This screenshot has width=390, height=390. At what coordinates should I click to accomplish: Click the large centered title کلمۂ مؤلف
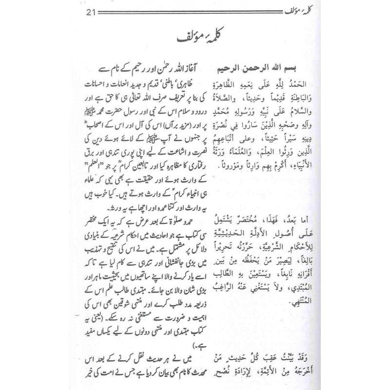tap(195, 39)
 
